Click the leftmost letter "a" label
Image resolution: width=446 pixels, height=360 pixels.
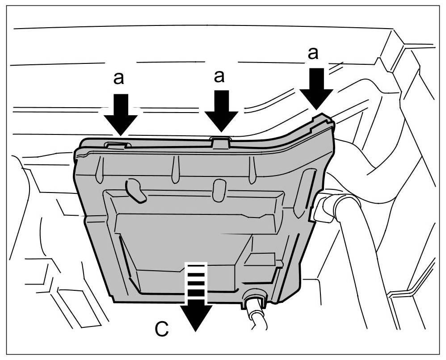point(118,78)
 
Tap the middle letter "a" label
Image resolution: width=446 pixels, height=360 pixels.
point(219,76)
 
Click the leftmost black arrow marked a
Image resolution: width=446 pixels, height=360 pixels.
point(121,113)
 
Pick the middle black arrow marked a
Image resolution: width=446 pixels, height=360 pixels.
point(221,112)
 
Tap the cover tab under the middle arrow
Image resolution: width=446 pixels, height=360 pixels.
point(221,142)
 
